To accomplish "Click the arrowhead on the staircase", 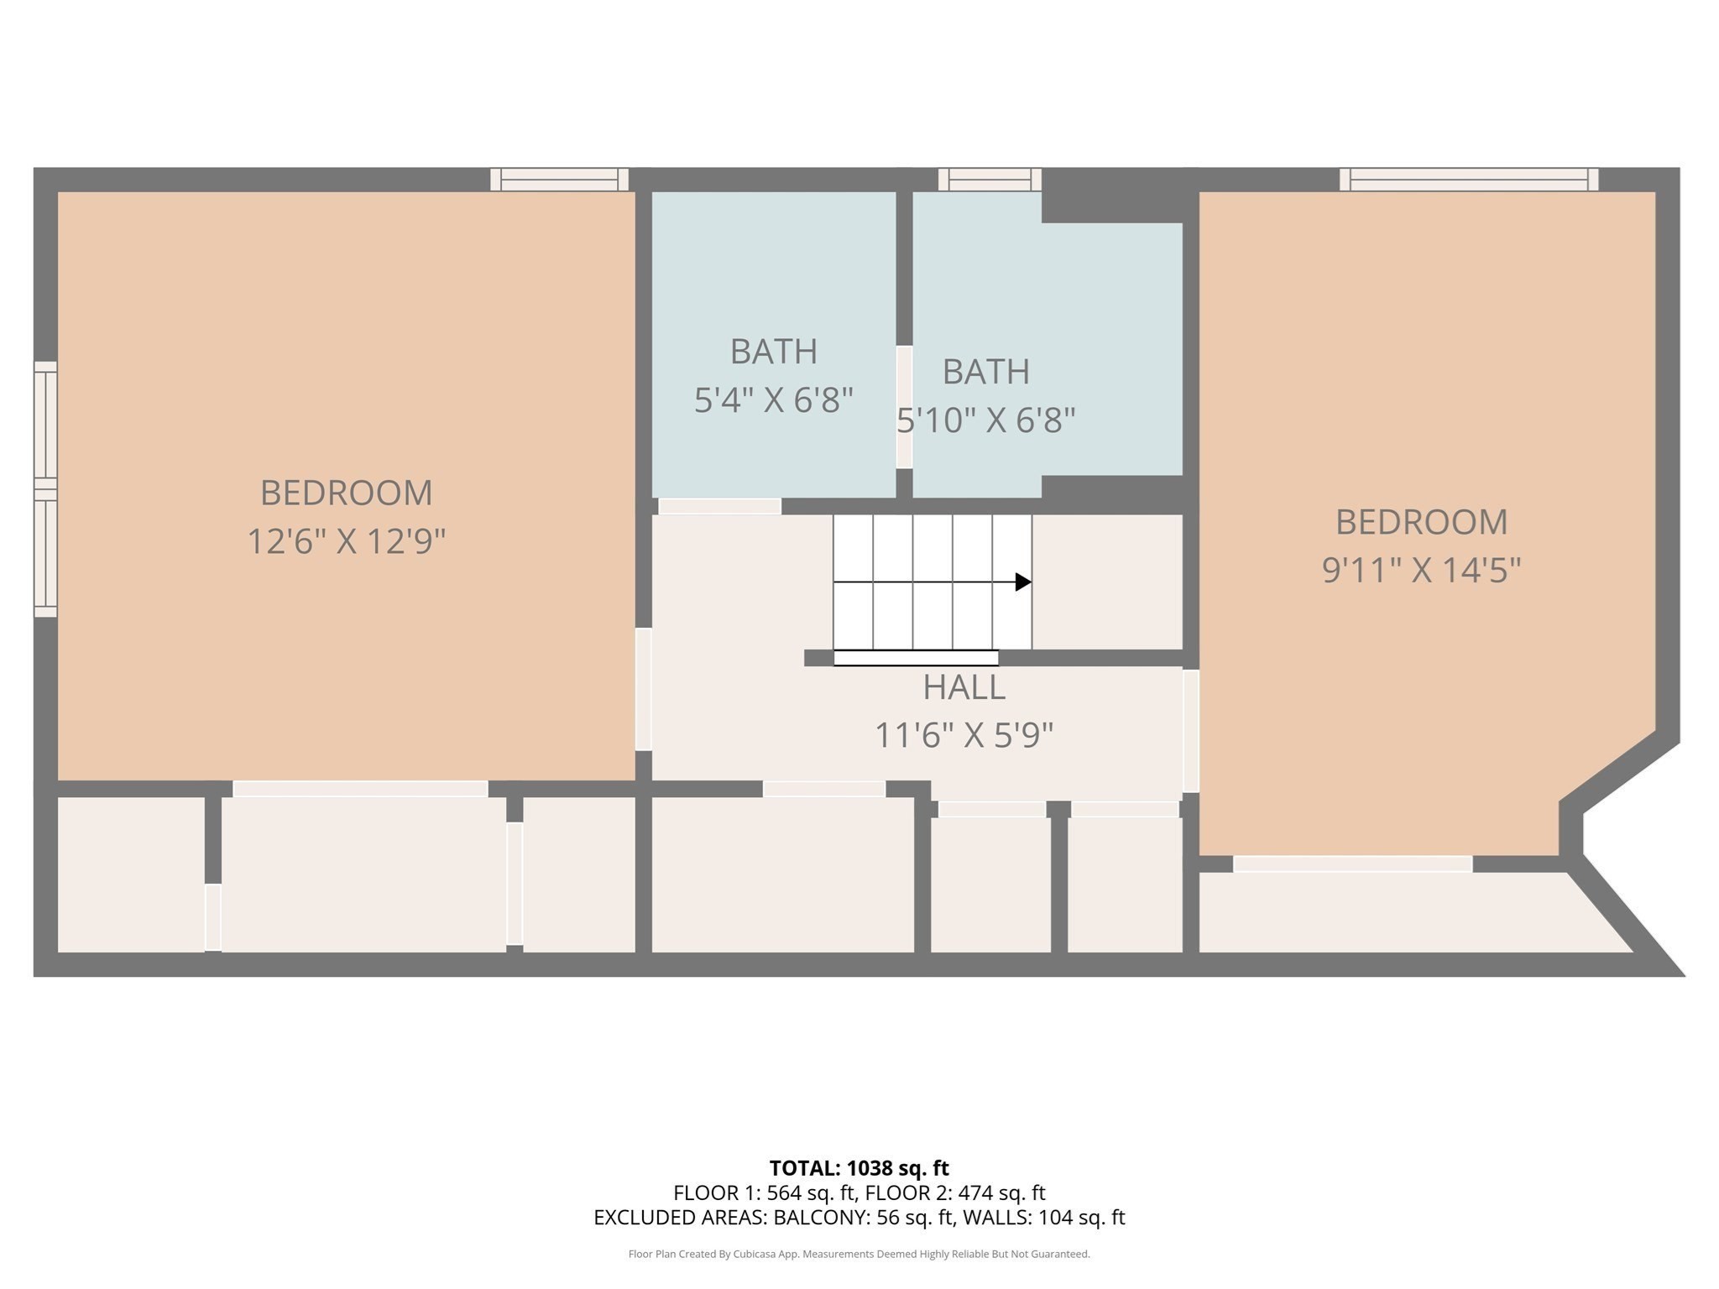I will pyautogui.click(x=1022, y=582).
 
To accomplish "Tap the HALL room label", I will pyautogui.click(x=964, y=687).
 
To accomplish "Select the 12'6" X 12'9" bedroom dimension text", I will pyautogui.click(x=346, y=541).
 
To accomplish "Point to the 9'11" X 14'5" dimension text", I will pyautogui.click(x=1421, y=571).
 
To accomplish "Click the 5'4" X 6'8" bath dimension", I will pyautogui.click(x=773, y=400).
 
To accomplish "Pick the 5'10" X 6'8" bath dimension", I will pyautogui.click(x=986, y=420).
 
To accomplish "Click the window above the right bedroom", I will pyautogui.click(x=1468, y=180).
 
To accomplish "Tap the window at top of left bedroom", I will pyautogui.click(x=559, y=180).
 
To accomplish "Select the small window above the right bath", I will pyautogui.click(x=990, y=180).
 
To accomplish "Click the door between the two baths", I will pyautogui.click(x=904, y=407).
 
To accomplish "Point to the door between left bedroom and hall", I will pyautogui.click(x=643, y=689).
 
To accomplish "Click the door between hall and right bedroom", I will pyautogui.click(x=1190, y=731).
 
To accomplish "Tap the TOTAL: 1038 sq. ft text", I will pyautogui.click(x=859, y=1168).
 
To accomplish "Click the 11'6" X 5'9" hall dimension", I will pyautogui.click(x=964, y=736).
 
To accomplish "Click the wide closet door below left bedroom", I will pyautogui.click(x=360, y=789).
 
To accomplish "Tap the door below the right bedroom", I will pyautogui.click(x=1352, y=864).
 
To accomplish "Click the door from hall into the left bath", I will pyautogui.click(x=719, y=506).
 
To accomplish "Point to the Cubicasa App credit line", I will pyautogui.click(x=859, y=1254).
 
